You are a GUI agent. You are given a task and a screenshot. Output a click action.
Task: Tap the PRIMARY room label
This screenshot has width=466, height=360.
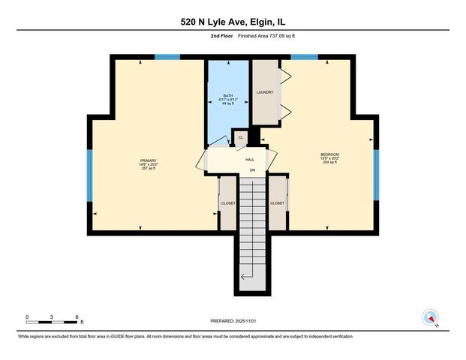coord(148,160)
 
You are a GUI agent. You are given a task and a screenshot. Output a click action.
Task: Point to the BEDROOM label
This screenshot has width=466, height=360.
coord(330,154)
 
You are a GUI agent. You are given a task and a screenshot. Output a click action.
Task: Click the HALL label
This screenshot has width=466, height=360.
coord(251,160)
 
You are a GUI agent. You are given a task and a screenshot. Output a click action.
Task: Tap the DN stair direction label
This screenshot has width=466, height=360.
coord(253,171)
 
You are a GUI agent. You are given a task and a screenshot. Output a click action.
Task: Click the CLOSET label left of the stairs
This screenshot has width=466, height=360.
coord(228,202)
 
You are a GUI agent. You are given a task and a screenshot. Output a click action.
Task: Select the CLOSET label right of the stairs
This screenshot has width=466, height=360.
coord(277,202)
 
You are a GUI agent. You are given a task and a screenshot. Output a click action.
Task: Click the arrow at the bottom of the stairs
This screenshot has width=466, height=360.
coord(247,278)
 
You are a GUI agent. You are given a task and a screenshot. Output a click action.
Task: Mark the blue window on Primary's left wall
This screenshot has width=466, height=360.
coord(89,175)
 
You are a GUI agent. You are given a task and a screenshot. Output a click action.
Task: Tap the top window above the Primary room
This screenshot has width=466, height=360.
coord(167,57)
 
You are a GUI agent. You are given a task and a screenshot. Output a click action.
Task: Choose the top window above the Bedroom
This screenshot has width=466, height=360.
coord(303,57)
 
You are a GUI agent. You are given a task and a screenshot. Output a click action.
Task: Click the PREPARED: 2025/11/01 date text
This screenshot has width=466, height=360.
coord(233,320)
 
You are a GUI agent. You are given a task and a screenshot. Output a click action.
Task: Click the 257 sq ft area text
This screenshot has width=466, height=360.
coord(148,169)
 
